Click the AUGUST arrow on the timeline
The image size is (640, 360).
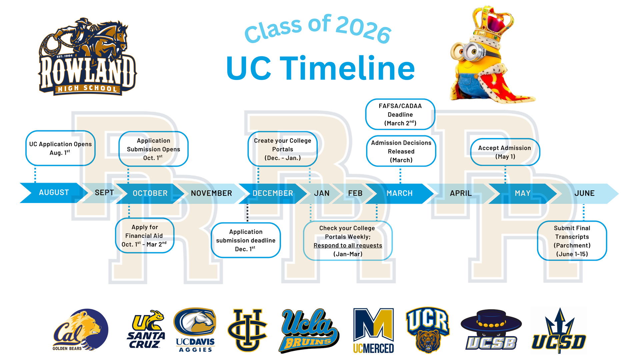click(53, 193)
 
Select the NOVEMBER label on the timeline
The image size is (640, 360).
click(211, 193)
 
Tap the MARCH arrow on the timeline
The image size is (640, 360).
click(399, 193)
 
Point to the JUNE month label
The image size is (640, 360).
click(584, 193)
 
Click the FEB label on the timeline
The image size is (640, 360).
click(355, 193)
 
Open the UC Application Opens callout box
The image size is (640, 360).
click(60, 148)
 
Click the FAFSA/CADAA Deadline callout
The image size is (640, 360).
click(400, 114)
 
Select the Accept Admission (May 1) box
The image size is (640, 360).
click(505, 152)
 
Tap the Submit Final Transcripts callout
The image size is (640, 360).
click(572, 241)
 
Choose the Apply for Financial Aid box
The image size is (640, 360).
click(145, 236)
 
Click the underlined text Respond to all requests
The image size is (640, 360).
click(348, 246)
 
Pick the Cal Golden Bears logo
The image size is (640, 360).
click(81, 330)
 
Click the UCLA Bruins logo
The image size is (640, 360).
click(308, 331)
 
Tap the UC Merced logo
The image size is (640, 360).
click(373, 331)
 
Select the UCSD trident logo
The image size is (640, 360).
click(559, 331)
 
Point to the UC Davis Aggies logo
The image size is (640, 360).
click(195, 330)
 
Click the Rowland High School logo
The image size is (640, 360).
click(87, 57)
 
